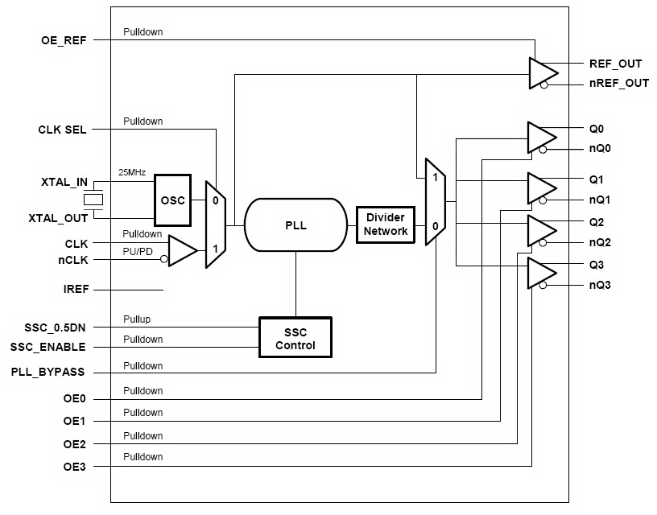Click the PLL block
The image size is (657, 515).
(x=295, y=226)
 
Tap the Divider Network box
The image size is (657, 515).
(x=386, y=225)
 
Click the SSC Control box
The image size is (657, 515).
(x=295, y=339)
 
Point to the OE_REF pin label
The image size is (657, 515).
(x=64, y=39)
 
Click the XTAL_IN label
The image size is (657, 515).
(x=64, y=183)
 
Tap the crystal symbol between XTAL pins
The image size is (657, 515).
(x=95, y=200)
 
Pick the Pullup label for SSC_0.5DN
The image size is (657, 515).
(x=137, y=319)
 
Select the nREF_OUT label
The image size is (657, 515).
(x=619, y=83)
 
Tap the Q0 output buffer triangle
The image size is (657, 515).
(x=539, y=138)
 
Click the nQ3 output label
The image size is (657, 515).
(x=601, y=284)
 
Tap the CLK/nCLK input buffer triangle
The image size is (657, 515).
(x=181, y=250)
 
